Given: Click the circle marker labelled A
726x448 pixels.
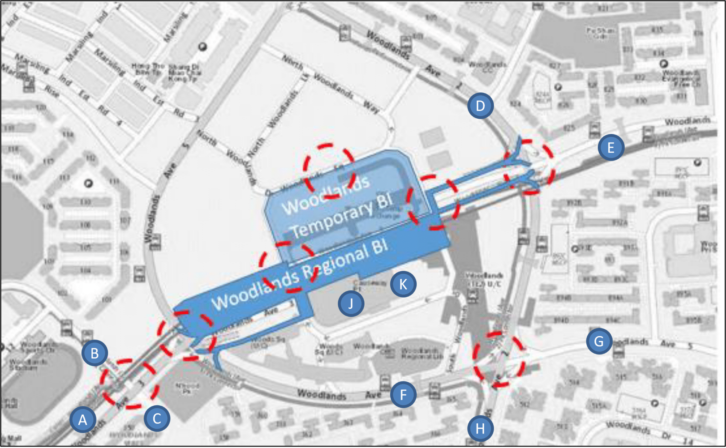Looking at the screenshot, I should click(83, 420).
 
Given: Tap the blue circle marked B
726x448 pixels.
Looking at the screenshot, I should click(94, 353).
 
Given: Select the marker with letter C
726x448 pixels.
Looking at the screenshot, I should click(157, 419).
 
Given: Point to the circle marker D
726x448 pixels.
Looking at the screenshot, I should click(480, 106).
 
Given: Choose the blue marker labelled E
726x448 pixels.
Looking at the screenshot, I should click(611, 148).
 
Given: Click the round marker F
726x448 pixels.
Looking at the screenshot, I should click(403, 395).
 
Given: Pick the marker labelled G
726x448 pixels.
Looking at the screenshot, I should click(599, 341).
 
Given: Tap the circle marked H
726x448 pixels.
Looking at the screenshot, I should click(480, 428).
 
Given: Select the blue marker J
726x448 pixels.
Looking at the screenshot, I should click(351, 304).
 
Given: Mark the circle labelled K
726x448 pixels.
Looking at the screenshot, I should click(403, 284).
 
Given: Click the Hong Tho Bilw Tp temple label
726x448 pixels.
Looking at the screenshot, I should click(148, 69).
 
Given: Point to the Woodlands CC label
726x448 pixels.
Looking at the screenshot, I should click(487, 67).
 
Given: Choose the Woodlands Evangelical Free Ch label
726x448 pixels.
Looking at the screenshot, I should click(681, 79).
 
